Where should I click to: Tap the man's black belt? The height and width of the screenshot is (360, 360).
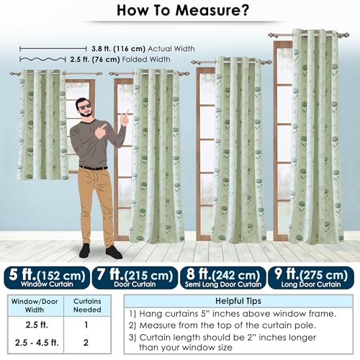point(93,168)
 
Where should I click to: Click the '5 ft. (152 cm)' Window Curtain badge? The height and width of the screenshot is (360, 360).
point(47,278)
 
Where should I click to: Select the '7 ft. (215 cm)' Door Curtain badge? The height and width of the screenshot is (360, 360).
point(135,278)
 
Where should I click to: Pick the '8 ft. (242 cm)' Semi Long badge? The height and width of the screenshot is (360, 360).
point(223,278)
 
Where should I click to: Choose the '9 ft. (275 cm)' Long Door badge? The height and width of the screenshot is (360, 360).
point(311,278)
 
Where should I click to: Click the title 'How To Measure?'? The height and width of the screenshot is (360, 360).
point(183,10)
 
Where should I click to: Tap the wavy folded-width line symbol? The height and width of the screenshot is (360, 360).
point(42,59)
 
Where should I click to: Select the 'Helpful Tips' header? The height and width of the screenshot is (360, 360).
point(238,301)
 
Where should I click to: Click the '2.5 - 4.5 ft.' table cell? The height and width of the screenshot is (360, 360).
point(37,343)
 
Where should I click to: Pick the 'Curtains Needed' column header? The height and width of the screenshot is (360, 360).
point(87,305)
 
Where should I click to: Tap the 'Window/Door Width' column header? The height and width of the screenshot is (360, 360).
point(35,305)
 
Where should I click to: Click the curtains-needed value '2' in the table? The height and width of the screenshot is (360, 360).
point(86,343)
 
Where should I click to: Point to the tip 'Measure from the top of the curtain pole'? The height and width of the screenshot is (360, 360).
point(222,325)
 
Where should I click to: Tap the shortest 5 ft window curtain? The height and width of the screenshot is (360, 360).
point(42,125)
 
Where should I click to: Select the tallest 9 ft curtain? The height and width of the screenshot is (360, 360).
point(316,136)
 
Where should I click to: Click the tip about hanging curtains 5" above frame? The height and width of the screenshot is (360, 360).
point(233,313)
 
